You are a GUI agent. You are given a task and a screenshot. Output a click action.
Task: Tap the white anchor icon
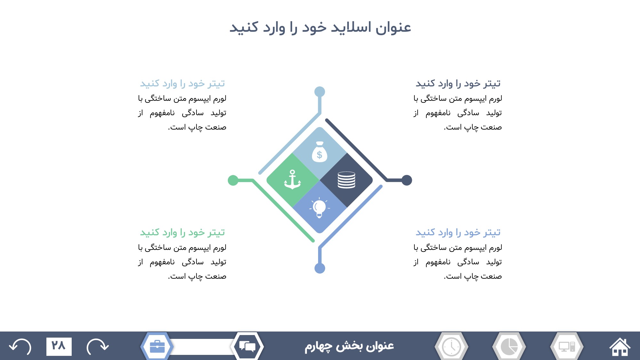[292, 180]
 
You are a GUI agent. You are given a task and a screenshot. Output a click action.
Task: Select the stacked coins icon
[346, 180]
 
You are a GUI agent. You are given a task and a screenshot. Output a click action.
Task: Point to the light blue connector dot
[320, 92]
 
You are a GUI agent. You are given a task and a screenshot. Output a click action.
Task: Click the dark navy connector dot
[407, 180]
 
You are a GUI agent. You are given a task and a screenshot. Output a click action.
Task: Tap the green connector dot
[233, 180]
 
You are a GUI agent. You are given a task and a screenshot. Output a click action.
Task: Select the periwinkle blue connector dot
[320, 268]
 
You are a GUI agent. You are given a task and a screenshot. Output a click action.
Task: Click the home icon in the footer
[620, 347]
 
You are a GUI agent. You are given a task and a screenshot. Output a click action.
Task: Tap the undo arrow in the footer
[20, 347]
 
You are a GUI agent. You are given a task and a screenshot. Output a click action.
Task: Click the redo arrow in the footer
[98, 347]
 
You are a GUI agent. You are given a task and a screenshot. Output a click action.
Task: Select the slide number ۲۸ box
[59, 346]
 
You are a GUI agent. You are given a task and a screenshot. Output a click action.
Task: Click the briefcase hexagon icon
[157, 346]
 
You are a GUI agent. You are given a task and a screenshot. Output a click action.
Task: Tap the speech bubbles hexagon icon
[247, 346]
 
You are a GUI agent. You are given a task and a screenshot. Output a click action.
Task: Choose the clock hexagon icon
[452, 346]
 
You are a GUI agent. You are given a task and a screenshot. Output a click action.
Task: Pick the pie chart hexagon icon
[509, 346]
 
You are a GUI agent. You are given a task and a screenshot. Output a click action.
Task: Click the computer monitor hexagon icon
[567, 346]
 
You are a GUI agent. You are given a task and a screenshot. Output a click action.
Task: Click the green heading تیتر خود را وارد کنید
[182, 232]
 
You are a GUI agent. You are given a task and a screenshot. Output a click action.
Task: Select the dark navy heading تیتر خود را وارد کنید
[458, 84]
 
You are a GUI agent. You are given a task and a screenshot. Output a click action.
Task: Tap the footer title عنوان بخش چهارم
[349, 346]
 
